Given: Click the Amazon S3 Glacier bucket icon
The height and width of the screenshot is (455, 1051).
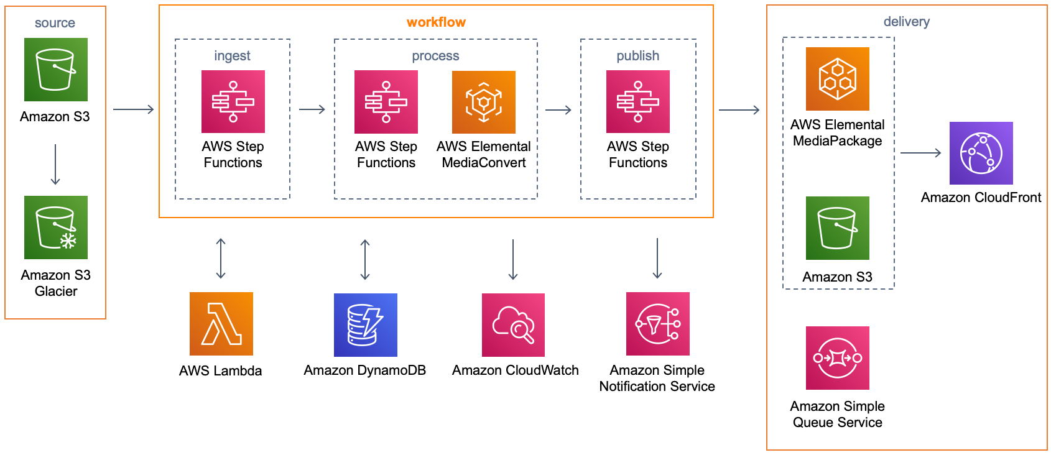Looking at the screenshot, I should [x=56, y=227].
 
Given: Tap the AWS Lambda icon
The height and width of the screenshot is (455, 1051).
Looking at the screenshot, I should [x=221, y=324].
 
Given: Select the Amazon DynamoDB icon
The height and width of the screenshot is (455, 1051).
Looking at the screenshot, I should [x=365, y=324].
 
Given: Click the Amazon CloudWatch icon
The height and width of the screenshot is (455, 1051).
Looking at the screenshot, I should [x=513, y=324].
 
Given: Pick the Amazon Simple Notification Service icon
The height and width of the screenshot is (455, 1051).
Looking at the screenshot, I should [x=657, y=324].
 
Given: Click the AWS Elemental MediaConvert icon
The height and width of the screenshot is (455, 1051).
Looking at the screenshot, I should [x=483, y=102].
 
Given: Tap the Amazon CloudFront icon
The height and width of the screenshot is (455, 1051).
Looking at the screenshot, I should [x=981, y=153].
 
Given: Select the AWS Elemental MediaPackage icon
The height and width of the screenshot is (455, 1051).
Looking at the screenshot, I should [x=837, y=79].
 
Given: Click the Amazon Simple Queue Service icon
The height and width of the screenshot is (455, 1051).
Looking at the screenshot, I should [x=837, y=358].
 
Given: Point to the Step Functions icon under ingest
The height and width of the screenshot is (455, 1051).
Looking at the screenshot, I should [x=233, y=101].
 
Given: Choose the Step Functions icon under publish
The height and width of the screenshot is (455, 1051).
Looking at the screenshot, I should [x=637, y=101].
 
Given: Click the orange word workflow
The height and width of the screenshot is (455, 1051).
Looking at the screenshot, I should [x=436, y=22].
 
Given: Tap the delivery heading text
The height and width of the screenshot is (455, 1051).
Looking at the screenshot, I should [x=906, y=22].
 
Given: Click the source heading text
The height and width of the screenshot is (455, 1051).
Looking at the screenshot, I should [x=55, y=23].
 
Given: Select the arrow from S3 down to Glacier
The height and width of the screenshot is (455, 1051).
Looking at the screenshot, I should [x=55, y=165].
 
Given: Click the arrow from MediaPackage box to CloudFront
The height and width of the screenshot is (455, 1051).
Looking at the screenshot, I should [x=920, y=153].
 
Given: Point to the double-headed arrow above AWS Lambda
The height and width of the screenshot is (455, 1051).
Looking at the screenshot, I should [x=221, y=259].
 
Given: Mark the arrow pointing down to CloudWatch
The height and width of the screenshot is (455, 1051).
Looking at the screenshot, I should [x=513, y=259].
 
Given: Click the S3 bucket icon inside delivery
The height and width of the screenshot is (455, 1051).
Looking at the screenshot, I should [x=837, y=228].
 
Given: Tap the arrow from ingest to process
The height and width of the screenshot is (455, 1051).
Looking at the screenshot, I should [x=312, y=109].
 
